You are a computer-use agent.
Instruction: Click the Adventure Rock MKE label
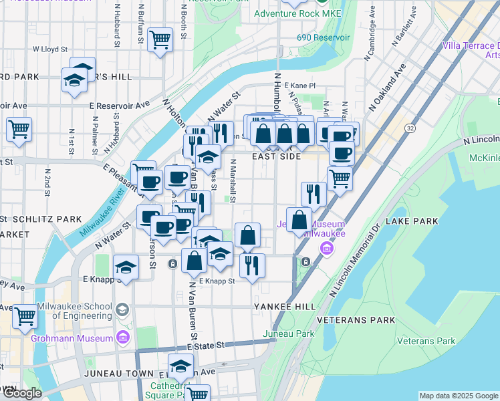click(297, 13)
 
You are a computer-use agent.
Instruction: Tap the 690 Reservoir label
click(324, 38)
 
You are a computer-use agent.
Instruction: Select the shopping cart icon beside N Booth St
click(160, 41)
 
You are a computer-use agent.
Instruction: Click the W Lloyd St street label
click(50, 49)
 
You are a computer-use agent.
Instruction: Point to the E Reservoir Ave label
click(120, 106)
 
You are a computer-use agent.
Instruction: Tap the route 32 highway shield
click(410, 128)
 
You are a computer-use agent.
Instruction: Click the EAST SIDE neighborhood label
click(277, 156)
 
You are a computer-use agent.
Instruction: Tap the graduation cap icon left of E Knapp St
click(126, 267)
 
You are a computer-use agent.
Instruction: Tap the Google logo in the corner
click(21, 393)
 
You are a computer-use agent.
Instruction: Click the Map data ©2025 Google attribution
click(458, 396)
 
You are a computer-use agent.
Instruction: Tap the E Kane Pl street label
click(299, 86)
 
